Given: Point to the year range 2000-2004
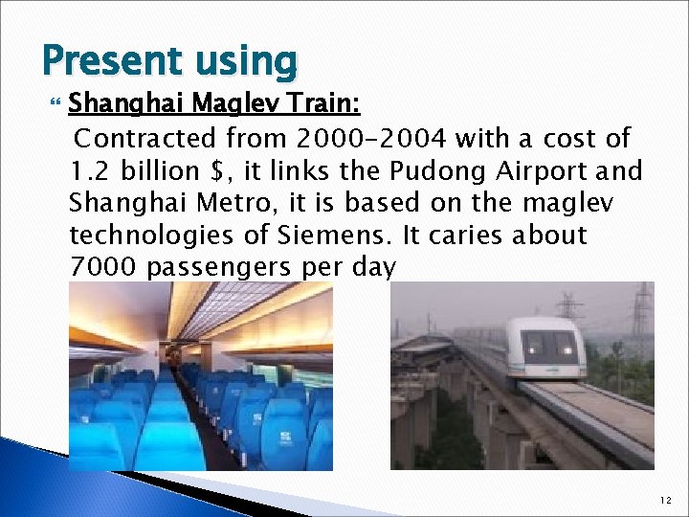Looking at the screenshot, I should (x=368, y=139).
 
